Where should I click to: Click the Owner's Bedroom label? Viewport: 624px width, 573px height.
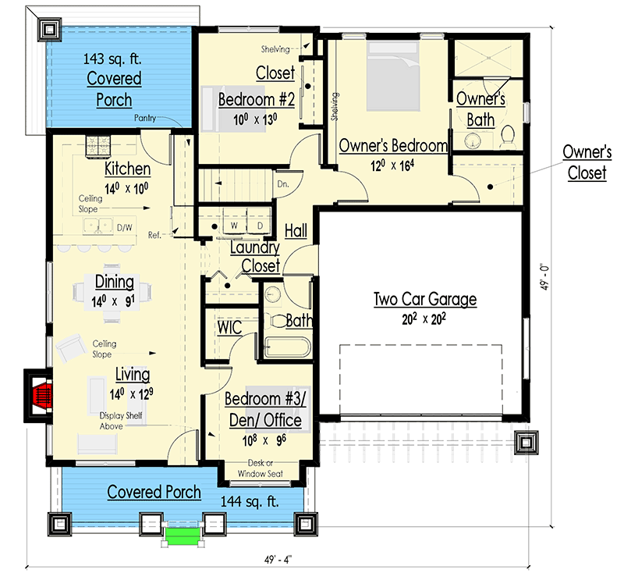click(392, 146)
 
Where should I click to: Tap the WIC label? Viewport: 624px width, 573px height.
click(229, 326)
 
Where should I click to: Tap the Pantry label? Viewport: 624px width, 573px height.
click(146, 118)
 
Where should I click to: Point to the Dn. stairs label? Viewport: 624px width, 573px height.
click(283, 184)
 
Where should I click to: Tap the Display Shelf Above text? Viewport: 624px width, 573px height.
click(121, 421)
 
